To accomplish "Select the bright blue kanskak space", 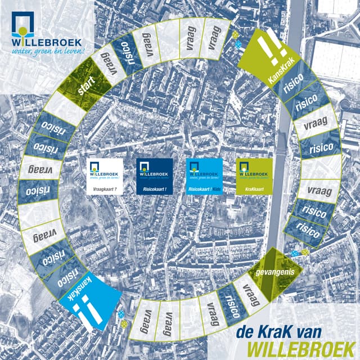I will point(91,304).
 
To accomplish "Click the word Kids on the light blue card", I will point(217,191).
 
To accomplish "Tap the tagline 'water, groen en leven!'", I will point(47,52).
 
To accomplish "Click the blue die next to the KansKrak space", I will point(238,43).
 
